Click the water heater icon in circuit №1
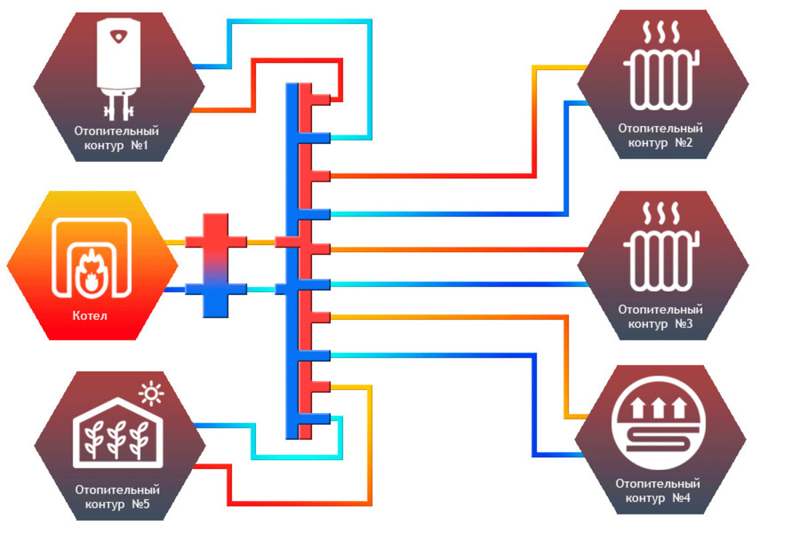[x=119, y=63]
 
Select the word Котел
[x=90, y=315]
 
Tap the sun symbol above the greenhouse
[x=151, y=395]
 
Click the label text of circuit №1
[x=117, y=138]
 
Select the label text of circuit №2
[x=660, y=135]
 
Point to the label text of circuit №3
[x=660, y=317]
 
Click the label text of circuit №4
[x=658, y=491]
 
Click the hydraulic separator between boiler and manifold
[x=215, y=265]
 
